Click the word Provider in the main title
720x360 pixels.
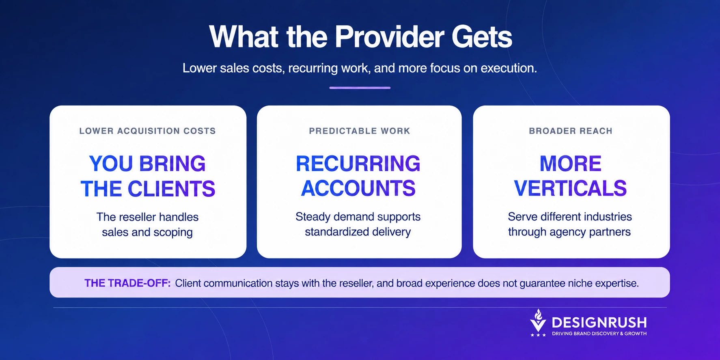pyautogui.click(x=389, y=37)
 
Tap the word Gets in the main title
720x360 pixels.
pyautogui.click(x=482, y=37)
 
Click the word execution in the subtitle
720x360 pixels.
pyautogui.click(x=509, y=68)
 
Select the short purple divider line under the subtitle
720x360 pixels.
pyautogui.click(x=360, y=88)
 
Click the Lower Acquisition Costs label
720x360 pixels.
pyautogui.click(x=147, y=131)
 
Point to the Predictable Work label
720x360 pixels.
pyautogui.click(x=360, y=131)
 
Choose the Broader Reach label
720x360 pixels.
pyautogui.click(x=571, y=131)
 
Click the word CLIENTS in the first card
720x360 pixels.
pyautogui.click(x=171, y=189)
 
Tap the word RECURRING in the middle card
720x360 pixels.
pyautogui.click(x=358, y=164)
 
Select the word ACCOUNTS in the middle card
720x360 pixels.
pyautogui.click(x=358, y=188)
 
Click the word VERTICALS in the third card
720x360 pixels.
pyautogui.click(x=570, y=188)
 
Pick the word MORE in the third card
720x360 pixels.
pyautogui.click(x=570, y=164)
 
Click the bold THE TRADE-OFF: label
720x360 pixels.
pyautogui.click(x=127, y=283)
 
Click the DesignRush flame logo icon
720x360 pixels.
pyautogui.click(x=538, y=323)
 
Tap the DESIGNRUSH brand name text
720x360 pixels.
pyautogui.click(x=599, y=323)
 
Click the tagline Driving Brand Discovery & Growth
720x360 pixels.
pyautogui.click(x=599, y=334)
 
